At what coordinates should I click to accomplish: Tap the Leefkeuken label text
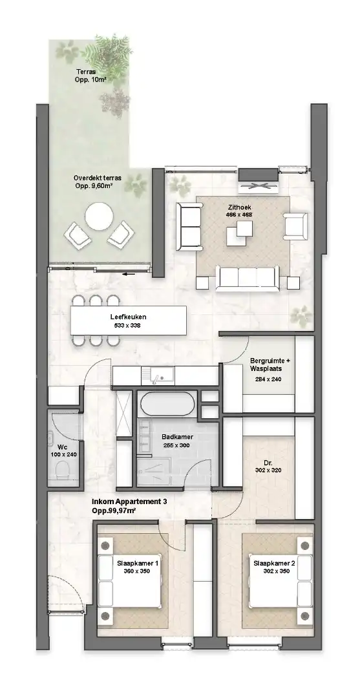127,317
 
